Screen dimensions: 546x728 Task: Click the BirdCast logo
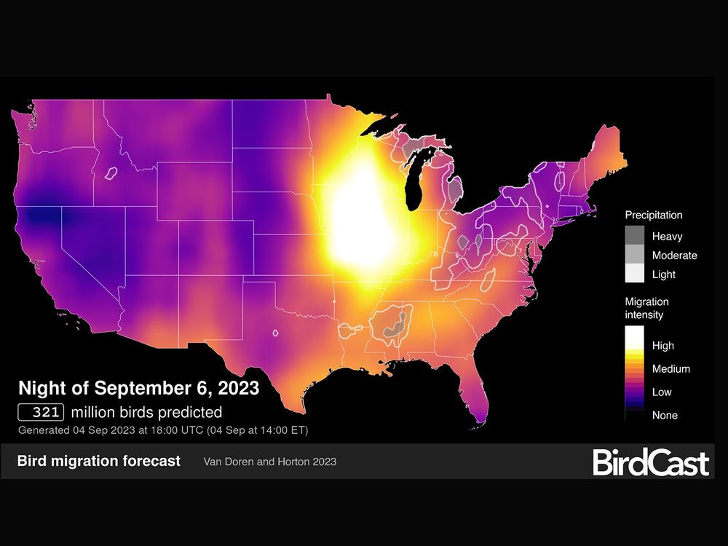[x=650, y=462]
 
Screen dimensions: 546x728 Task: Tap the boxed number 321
[x=42, y=412]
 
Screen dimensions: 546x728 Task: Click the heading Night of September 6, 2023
[x=138, y=388]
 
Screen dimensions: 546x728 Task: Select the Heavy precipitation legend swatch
[x=636, y=237]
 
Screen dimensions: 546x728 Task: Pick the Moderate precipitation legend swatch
[x=636, y=256]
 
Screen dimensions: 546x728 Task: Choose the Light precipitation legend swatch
[x=636, y=274]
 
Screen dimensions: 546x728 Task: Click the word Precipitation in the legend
[x=653, y=215]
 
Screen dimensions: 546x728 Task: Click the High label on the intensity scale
[x=663, y=346]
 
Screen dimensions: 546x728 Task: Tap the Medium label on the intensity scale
[x=670, y=369]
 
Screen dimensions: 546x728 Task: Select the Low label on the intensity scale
[x=662, y=392]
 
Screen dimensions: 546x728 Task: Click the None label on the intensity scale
[x=665, y=416]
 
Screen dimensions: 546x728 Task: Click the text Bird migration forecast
[x=98, y=462]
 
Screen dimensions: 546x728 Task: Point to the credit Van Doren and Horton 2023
[x=270, y=462]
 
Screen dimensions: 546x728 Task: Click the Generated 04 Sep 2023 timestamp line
[x=163, y=430]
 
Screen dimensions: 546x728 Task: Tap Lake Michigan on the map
[x=420, y=175]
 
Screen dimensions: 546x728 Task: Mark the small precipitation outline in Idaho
[x=111, y=174]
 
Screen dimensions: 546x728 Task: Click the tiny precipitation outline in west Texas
[x=275, y=334]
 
